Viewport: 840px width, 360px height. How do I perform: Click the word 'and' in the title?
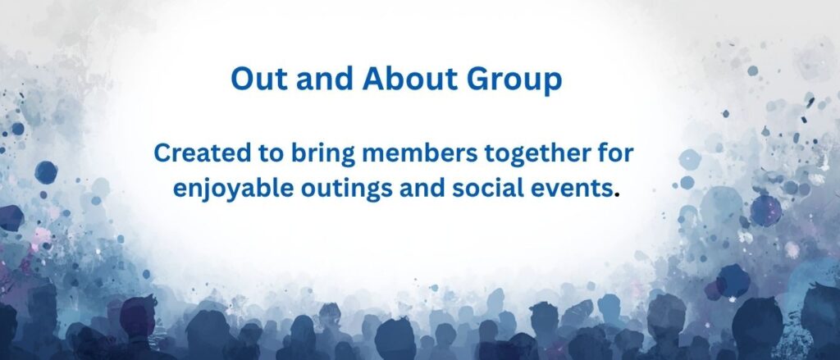[x=325, y=80]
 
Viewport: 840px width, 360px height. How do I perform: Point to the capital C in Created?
[x=163, y=153]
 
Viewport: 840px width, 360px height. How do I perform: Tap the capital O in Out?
[x=243, y=80]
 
